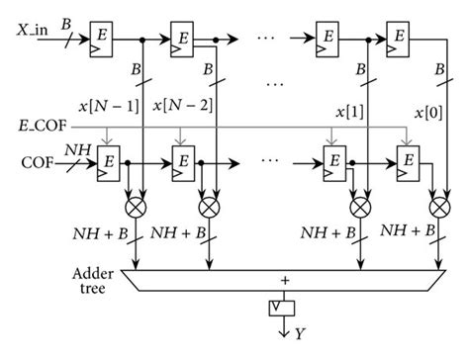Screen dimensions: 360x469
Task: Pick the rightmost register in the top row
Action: pyautogui.click(x=399, y=35)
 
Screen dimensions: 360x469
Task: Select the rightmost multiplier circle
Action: pyautogui.click(x=438, y=209)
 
